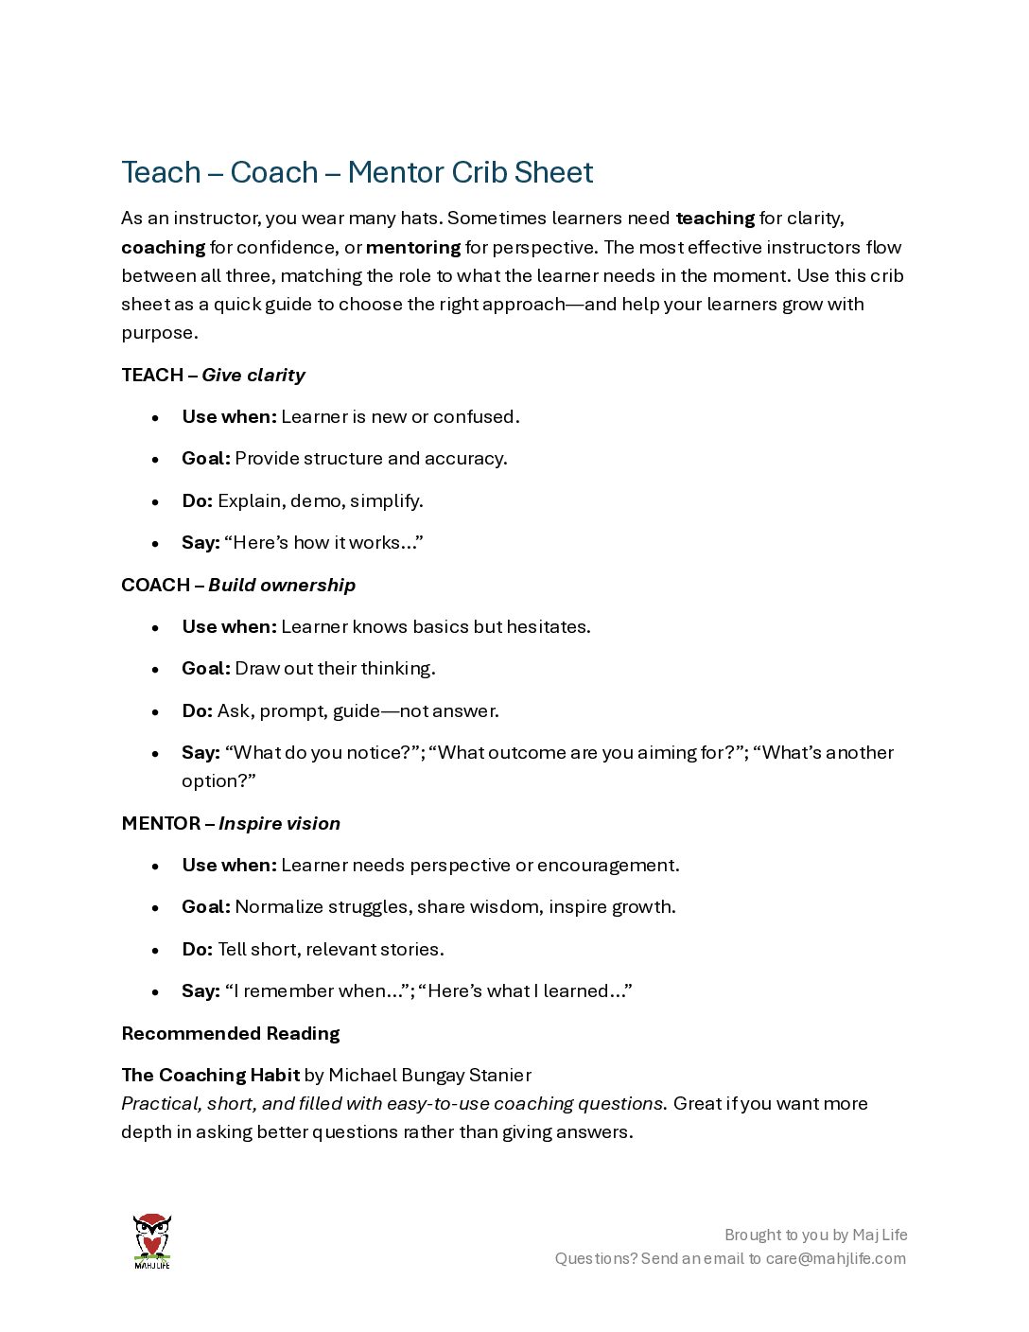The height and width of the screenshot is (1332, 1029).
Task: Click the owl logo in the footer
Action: [x=151, y=1240]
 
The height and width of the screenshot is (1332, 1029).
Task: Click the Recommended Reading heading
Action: [x=231, y=1033]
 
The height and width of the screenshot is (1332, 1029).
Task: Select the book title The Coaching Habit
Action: [x=210, y=1075]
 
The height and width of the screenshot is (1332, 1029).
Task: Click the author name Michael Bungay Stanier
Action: [x=429, y=1075]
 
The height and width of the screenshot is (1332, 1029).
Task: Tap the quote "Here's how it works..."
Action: [x=323, y=542]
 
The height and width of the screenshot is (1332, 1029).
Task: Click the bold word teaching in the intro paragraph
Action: [x=715, y=218]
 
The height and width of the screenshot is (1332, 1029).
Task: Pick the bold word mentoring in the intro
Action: [x=413, y=247]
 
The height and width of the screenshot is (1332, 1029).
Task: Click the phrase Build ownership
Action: [x=282, y=585]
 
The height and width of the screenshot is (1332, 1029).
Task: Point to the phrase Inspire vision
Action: [x=279, y=823]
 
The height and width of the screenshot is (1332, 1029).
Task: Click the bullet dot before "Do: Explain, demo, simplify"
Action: [x=155, y=501]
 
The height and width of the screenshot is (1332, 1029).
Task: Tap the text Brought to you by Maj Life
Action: [x=815, y=1235]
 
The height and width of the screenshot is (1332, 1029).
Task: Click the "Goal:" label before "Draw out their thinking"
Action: [x=206, y=668]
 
